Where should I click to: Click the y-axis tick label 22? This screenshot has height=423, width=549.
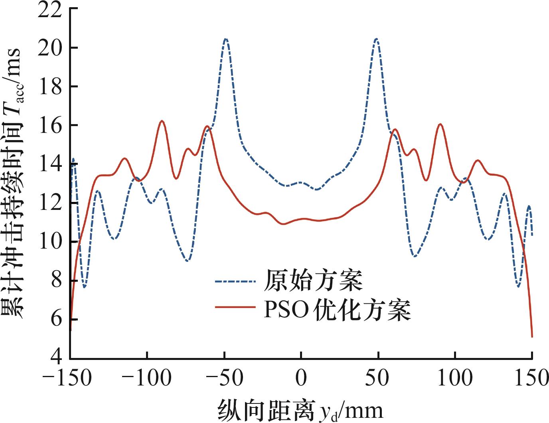50,10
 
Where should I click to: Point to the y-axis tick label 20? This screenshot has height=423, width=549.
50,48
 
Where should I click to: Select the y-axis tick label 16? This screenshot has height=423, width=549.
50,126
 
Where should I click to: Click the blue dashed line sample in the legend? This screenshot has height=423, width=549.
235,281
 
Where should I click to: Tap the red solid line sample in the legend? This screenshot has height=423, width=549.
235,307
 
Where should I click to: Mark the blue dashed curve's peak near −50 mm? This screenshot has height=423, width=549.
226,39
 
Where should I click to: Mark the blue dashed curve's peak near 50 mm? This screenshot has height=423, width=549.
376,39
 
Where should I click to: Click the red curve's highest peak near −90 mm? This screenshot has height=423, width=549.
162,121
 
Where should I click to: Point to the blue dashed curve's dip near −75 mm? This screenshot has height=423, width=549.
188,261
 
